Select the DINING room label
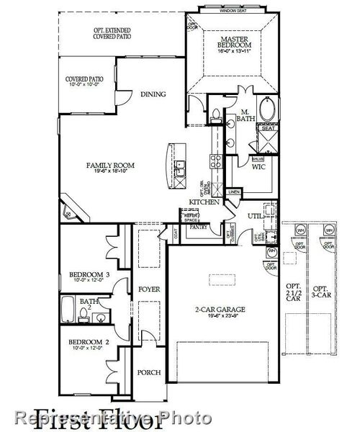pyautogui.click(x=153, y=94)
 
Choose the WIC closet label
pyautogui.click(x=260, y=166)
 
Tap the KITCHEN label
pyautogui.click(x=199, y=202)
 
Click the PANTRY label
pyautogui.click(x=199, y=228)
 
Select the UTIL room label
pyautogui.click(x=255, y=215)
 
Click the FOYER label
pyautogui.click(x=149, y=289)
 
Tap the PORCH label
pyautogui.click(x=149, y=373)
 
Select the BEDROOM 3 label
pyautogui.click(x=89, y=274)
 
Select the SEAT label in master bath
pyautogui.click(x=268, y=128)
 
